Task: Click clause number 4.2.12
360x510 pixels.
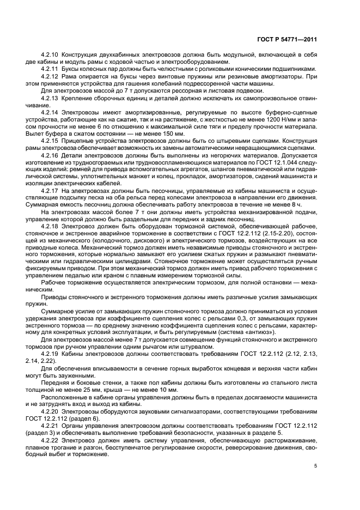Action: click(51, 77)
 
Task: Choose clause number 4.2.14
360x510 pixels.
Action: click(51, 112)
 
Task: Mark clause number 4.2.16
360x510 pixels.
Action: click(51, 155)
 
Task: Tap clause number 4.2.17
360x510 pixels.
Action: click(51, 190)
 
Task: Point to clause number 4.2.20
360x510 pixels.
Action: click(51, 409)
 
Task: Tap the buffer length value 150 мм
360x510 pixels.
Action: click(169, 133)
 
